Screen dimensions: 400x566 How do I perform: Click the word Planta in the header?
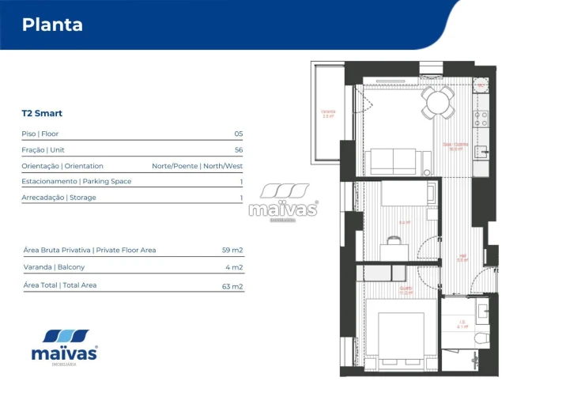[52, 25]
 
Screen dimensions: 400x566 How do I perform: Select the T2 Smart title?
[42, 113]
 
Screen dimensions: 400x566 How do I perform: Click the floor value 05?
[238, 134]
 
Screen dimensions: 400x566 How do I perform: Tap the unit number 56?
[238, 149]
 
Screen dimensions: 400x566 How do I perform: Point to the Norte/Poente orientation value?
[197, 166]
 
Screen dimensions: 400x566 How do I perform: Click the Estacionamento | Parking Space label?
[77, 182]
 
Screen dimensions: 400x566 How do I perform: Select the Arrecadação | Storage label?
[58, 198]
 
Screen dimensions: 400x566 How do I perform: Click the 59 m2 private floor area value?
[232, 250]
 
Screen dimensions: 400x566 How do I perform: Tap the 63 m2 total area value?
[232, 286]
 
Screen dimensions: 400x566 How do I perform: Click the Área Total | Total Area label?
[60, 285]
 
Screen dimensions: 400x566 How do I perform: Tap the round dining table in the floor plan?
[437, 101]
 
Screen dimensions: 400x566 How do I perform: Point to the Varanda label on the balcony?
[327, 113]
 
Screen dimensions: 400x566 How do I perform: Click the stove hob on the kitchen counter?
[481, 119]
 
